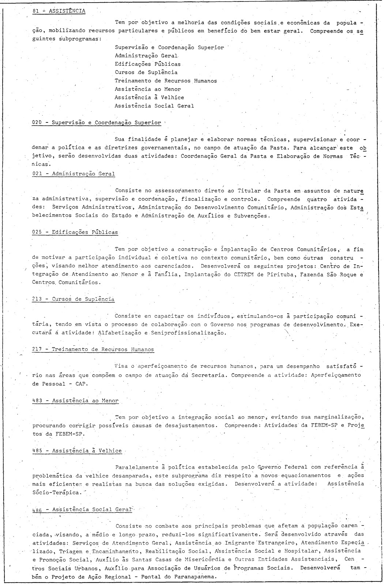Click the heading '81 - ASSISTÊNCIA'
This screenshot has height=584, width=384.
59,11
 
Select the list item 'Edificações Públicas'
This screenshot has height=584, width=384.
147,64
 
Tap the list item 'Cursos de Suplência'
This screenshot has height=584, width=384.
146,72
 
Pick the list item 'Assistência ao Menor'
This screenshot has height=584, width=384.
148,89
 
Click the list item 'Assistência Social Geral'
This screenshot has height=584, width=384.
154,106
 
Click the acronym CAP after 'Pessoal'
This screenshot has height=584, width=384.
81,384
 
